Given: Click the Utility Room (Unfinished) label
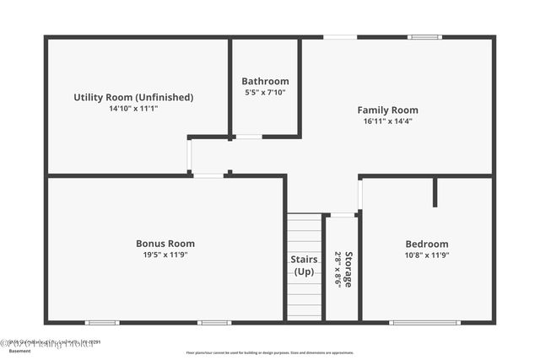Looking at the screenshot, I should point(133,97).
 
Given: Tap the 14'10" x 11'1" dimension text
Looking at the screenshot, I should point(133,109).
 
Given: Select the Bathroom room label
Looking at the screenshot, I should point(265,81).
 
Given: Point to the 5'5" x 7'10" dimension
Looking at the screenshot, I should point(265,93).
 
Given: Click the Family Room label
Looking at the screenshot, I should point(387,110).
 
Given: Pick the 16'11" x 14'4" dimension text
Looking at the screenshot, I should point(387,121).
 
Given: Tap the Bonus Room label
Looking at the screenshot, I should point(165,244).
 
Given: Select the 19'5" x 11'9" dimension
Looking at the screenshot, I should point(165,255).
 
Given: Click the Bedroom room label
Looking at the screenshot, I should point(427,244).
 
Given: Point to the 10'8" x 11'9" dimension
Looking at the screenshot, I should point(427,255).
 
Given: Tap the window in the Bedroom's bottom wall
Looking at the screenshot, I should point(424,321).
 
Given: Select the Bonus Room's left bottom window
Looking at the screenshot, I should point(102,321).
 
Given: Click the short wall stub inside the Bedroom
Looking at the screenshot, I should point(435,192).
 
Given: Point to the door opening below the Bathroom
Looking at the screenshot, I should point(248,137).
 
